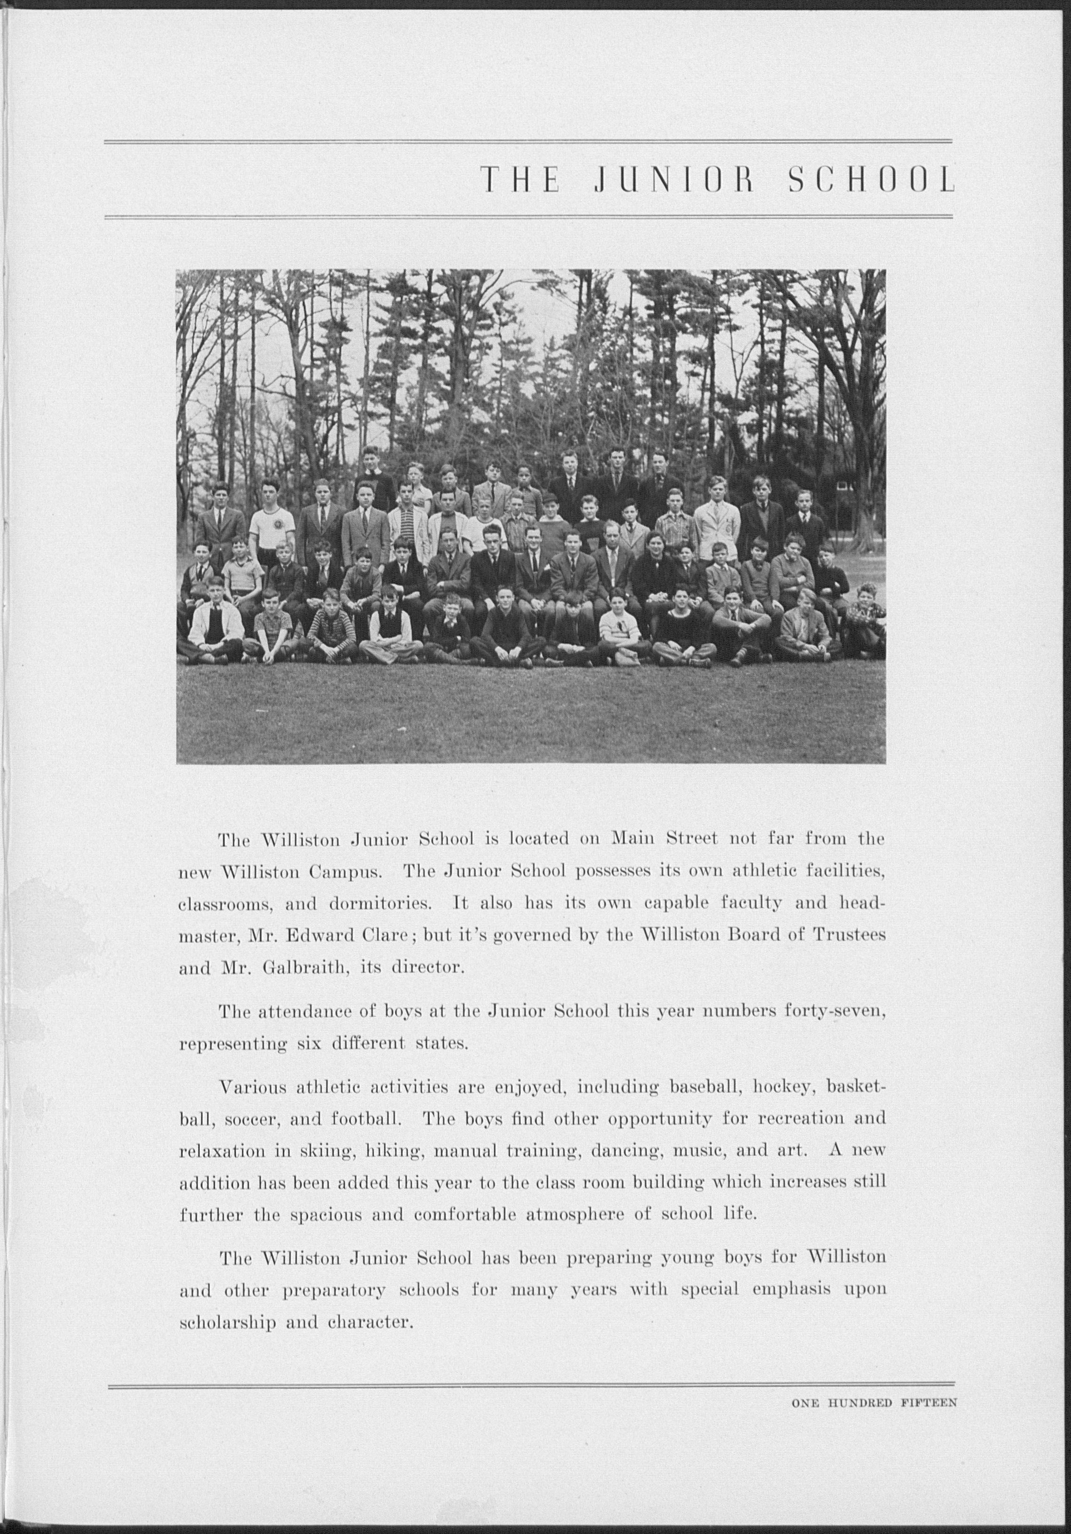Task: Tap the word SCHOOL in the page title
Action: tap(871, 180)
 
